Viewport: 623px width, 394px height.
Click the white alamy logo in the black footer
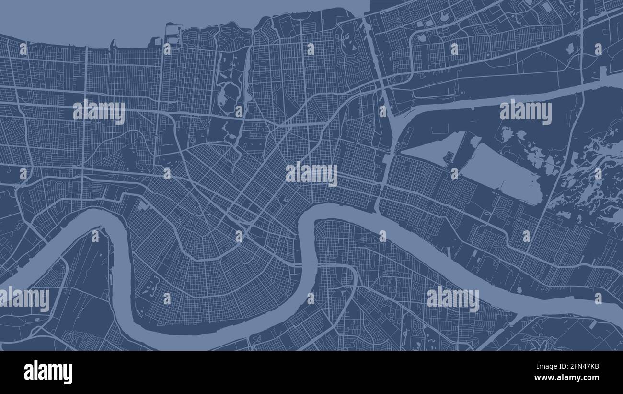click(x=48, y=372)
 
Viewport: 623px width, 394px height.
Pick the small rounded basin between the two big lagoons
click(x=450, y=157)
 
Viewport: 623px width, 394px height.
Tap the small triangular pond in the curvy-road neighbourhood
click(x=570, y=48)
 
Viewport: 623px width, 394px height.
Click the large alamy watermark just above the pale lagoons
click(x=525, y=112)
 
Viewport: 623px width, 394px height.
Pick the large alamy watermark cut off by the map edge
click(x=25, y=298)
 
